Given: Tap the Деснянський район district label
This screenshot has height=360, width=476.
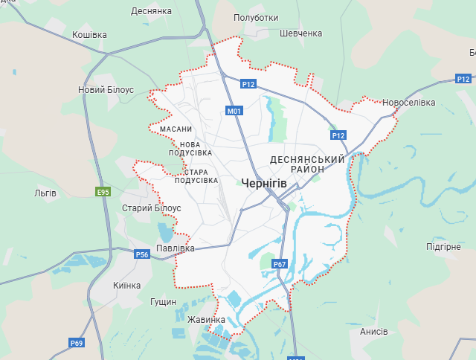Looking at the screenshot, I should [x=308, y=164].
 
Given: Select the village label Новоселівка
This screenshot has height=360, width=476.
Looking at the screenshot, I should [x=409, y=103].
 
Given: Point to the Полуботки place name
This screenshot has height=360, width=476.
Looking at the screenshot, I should [x=256, y=18].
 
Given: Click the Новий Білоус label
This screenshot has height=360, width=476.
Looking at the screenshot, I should [x=106, y=89].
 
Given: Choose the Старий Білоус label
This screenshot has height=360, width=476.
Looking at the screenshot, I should [x=151, y=208].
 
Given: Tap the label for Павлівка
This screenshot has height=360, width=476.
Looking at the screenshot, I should [x=176, y=248].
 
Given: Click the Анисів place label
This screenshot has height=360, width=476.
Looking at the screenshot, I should [x=373, y=332].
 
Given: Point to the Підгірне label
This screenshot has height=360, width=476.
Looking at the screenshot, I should [x=443, y=246].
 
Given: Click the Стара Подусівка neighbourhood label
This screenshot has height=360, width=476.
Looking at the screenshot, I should [x=196, y=176].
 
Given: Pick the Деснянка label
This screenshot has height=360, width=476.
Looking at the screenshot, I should [x=151, y=11].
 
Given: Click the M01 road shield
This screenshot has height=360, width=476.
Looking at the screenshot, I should [x=235, y=112].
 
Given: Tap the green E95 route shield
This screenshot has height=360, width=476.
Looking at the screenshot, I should [x=103, y=192].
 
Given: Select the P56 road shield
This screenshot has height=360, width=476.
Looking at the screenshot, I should [x=142, y=255].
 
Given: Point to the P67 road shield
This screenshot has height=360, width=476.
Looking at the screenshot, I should [x=280, y=264].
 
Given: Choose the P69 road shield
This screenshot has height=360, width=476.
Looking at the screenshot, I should [x=77, y=343].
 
